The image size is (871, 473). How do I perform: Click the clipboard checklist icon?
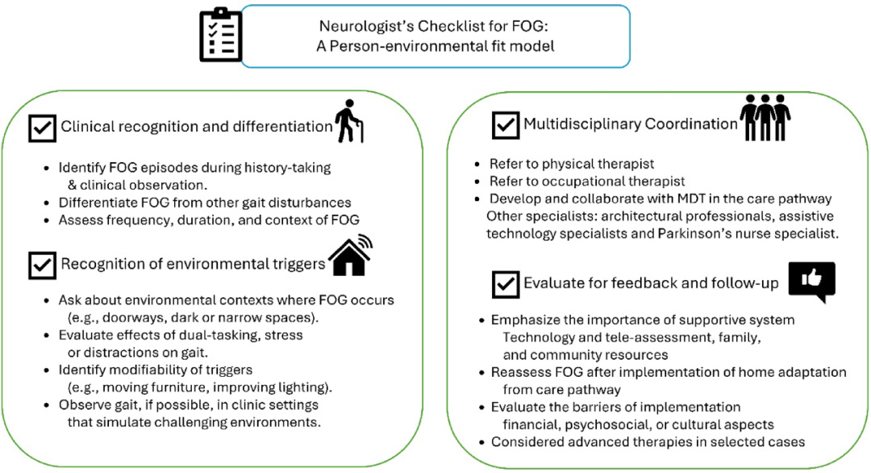click(220, 35)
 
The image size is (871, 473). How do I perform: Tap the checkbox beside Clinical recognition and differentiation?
click(42, 128)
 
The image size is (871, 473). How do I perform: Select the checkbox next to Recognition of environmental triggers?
click(42, 265)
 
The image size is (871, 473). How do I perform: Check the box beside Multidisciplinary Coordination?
click(506, 125)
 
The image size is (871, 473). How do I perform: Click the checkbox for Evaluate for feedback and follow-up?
click(506, 285)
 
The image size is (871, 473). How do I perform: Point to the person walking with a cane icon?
click(349, 121)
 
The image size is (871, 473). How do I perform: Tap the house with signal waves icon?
click(351, 255)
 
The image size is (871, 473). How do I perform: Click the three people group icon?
click(765, 117)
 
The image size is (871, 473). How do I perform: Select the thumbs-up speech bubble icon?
click(811, 282)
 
